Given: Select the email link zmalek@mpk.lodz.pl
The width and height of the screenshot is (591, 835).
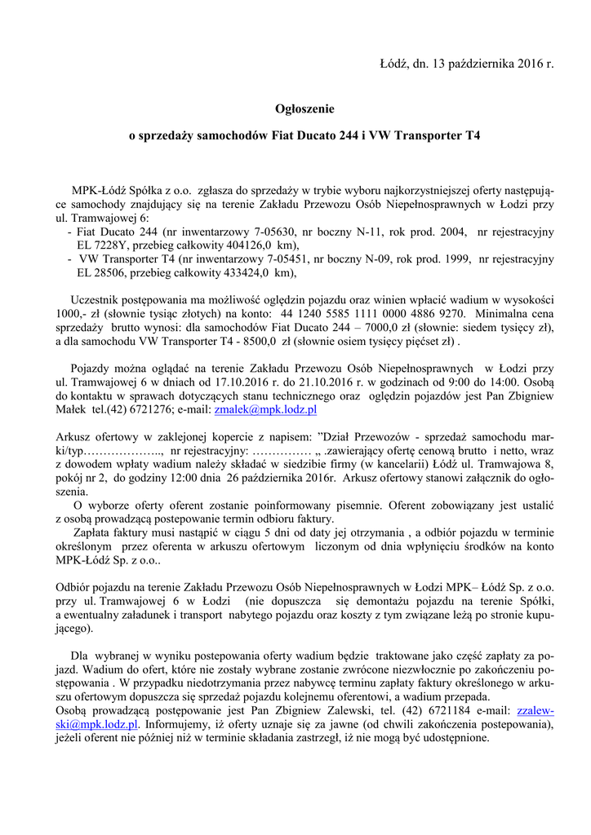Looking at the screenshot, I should pos(264,410).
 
